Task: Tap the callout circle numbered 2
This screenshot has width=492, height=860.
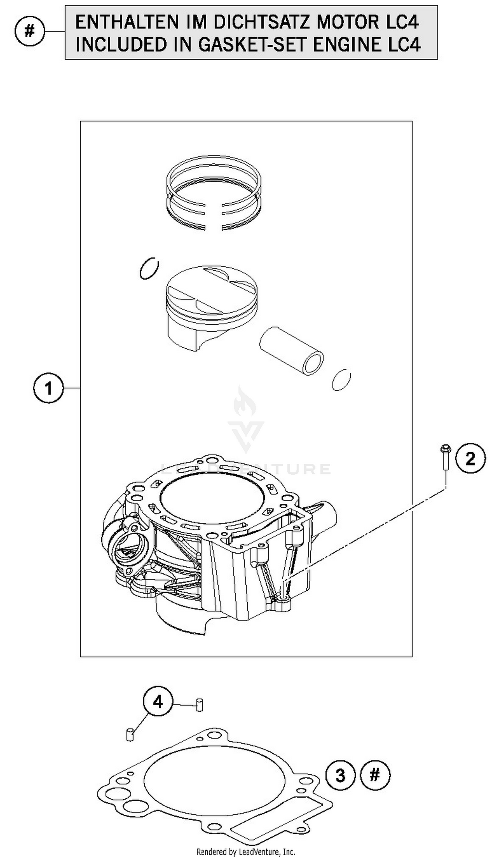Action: coord(470,459)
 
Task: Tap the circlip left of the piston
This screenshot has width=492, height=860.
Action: coord(149,268)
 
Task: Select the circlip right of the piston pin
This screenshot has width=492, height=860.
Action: coord(341,380)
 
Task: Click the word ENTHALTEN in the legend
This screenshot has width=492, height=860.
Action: coord(126,22)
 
